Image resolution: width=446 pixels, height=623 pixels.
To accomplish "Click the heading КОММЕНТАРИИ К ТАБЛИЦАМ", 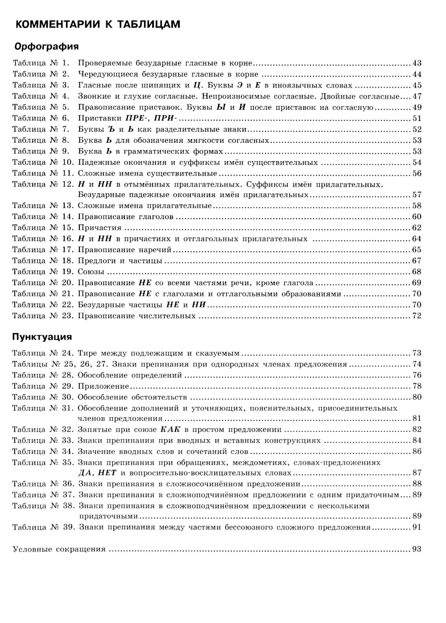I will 98,25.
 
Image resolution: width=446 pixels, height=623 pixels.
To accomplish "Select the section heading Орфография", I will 46,46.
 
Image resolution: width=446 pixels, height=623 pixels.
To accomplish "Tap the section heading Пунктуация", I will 42,336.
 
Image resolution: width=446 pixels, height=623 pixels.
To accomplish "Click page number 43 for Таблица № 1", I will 417,63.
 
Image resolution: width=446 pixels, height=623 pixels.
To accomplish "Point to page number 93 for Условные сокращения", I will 417,549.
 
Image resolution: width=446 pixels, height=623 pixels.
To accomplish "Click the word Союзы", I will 91,272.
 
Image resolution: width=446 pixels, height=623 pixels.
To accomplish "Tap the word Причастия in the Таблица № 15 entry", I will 99,228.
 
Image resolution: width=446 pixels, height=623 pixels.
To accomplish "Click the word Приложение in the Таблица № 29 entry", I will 103,386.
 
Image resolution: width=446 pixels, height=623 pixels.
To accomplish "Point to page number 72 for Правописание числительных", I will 417,316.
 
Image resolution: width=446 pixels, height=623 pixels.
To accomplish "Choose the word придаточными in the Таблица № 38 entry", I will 108,516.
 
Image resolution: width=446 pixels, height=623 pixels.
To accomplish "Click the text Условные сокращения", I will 59,549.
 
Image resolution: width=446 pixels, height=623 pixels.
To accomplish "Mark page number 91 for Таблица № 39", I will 417,527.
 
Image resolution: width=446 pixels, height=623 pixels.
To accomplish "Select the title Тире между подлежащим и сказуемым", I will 158,353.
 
